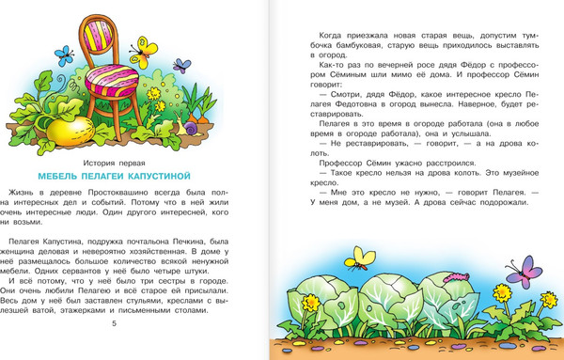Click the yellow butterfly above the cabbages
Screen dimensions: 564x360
pos(358,254)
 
